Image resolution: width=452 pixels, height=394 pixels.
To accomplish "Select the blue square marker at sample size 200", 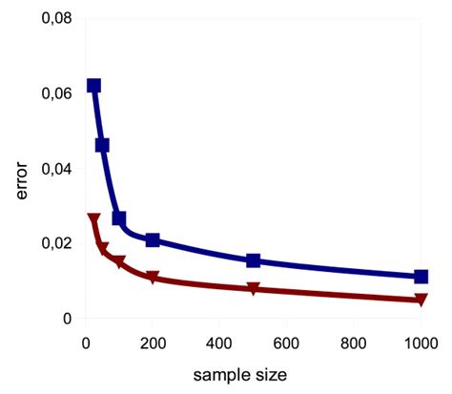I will [153, 239].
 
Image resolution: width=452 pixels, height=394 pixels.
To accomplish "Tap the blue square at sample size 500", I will [254, 260].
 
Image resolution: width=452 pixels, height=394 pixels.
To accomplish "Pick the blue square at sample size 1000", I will [421, 277].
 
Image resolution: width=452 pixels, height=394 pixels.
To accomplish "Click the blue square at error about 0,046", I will [102, 145].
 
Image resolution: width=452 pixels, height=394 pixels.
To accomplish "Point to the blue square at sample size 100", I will [119, 218].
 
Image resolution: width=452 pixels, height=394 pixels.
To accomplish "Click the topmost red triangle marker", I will [93, 219].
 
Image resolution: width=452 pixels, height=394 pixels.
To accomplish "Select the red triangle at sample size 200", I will [153, 278].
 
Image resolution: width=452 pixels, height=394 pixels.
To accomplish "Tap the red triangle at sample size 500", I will [254, 288].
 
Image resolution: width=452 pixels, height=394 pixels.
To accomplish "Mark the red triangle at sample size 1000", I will [421, 300].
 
